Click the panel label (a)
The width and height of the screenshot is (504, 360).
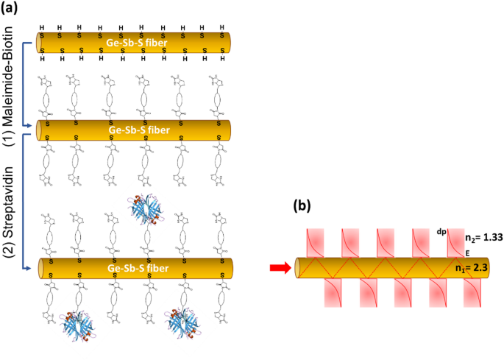click(13, 9)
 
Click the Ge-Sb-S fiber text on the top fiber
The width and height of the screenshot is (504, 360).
click(135, 43)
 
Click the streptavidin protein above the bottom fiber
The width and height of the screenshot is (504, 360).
click(146, 211)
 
